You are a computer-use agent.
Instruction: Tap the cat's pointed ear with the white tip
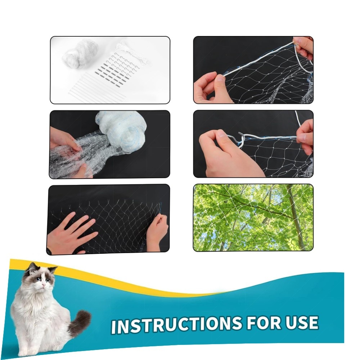click(54, 269)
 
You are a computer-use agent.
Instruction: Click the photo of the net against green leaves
click(253, 217)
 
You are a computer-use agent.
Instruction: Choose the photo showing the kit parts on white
click(110, 70)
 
